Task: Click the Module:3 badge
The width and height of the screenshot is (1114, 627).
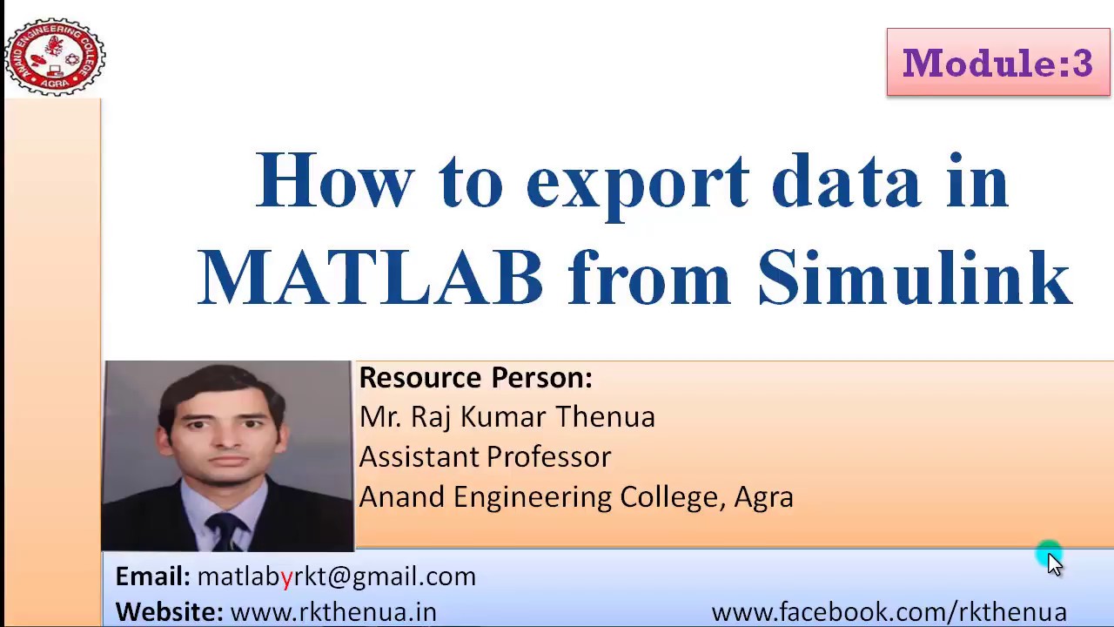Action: pos(997,63)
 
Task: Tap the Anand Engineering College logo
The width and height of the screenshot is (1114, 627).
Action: pos(54,57)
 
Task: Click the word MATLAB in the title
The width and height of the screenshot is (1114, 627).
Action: pos(371,277)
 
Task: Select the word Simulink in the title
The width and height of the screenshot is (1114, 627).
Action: pos(914,277)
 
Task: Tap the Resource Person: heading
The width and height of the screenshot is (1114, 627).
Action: pos(475,378)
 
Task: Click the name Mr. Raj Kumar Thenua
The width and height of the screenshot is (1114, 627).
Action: pos(507,417)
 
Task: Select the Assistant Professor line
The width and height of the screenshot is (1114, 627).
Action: pos(485,456)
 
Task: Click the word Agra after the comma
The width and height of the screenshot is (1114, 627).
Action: pos(763,496)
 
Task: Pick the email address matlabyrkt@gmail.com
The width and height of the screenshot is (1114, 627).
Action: pos(336,576)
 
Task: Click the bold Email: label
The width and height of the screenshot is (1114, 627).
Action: pos(152,576)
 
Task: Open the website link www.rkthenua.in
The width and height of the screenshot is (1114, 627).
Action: pos(332,612)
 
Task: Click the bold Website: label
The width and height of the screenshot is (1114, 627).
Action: pos(169,612)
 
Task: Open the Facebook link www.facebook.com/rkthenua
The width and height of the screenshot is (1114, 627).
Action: pos(889,612)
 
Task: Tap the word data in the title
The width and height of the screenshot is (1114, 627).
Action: pos(846,181)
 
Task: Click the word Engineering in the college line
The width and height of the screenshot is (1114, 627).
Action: pos(533,497)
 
